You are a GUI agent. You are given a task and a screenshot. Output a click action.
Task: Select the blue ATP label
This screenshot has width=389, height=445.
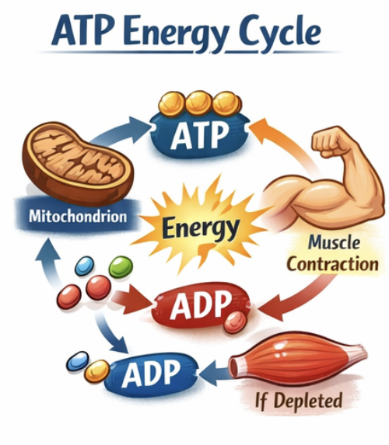[200, 134]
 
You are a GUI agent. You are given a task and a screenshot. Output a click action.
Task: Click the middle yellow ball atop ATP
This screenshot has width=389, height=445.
[199, 103]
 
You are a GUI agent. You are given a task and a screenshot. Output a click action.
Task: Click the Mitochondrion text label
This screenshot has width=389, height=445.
[78, 216]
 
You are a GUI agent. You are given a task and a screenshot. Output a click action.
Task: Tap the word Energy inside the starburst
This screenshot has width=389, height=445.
[200, 228]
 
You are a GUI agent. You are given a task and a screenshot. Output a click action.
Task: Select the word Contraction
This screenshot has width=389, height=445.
[332, 264]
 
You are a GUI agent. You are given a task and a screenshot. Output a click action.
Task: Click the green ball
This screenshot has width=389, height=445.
[121, 267]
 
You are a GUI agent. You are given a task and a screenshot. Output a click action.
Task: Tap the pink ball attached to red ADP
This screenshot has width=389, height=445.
[235, 322]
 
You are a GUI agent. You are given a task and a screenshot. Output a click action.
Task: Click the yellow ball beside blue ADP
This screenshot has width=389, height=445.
[97, 371]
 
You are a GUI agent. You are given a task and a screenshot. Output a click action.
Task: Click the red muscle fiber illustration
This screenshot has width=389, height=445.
[298, 358]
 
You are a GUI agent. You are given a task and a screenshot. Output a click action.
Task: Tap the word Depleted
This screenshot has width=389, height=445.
[308, 402]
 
